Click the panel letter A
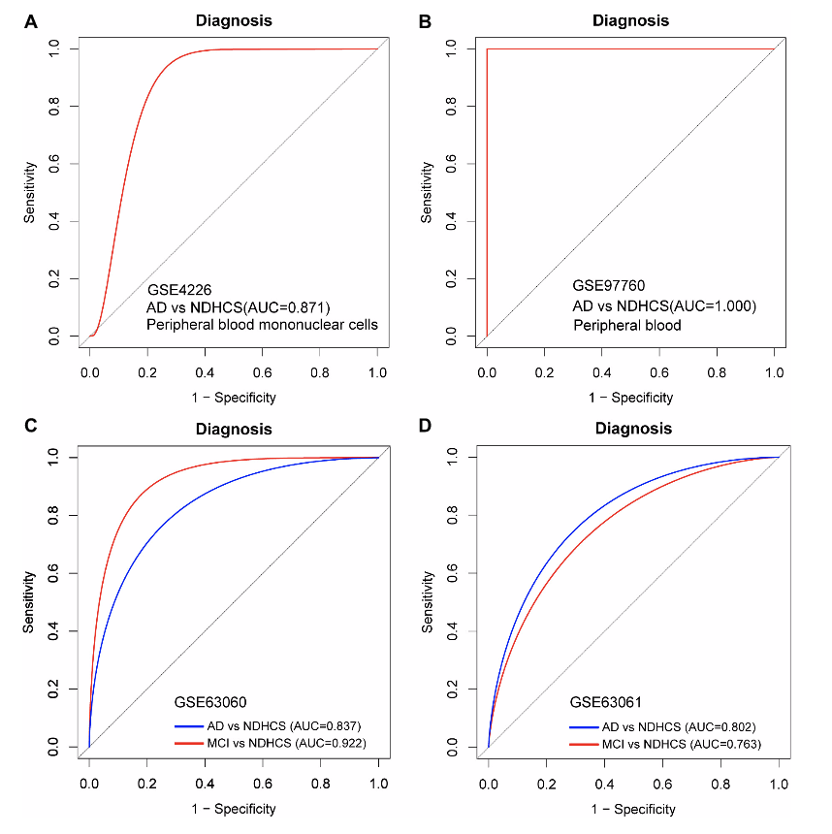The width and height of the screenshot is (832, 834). coord(31,19)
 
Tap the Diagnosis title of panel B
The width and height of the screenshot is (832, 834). coord(631,20)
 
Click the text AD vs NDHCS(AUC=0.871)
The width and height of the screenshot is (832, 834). coord(237,306)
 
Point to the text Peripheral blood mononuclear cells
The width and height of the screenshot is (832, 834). coord(262,325)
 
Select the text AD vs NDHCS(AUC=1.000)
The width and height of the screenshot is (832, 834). coord(664,306)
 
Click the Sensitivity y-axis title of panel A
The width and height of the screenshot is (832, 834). coord(31,192)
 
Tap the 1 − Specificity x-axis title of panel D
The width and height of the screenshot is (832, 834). coord(631,809)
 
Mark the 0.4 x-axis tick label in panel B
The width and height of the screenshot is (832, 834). coord(602,372)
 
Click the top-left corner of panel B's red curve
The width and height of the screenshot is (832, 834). coord(487,49)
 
